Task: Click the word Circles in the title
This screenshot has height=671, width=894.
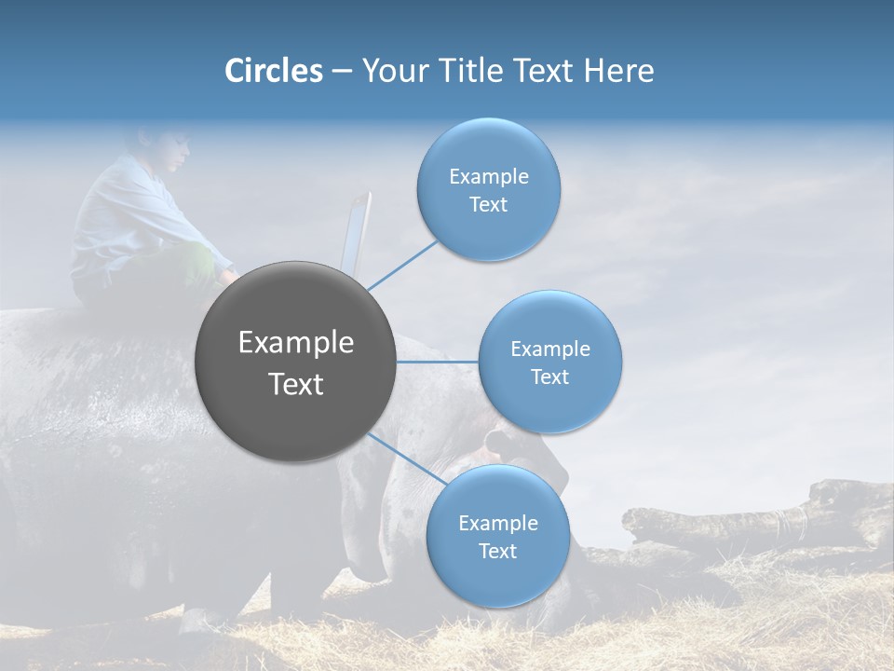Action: [273, 71]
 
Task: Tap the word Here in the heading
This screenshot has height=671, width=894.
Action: [618, 71]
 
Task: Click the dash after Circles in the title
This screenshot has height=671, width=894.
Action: [342, 72]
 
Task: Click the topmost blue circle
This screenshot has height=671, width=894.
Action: [488, 189]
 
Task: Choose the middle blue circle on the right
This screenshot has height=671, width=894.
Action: [549, 362]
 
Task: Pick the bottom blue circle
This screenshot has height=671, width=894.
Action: [497, 536]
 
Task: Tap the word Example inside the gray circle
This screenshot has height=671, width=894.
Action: [296, 343]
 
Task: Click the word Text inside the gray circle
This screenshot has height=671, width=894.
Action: [296, 384]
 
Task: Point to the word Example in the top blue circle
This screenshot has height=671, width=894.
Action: [488, 177]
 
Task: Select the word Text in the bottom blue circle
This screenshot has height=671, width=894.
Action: [497, 551]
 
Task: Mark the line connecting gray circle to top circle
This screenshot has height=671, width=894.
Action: [402, 264]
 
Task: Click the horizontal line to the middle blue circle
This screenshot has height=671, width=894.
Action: [438, 362]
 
